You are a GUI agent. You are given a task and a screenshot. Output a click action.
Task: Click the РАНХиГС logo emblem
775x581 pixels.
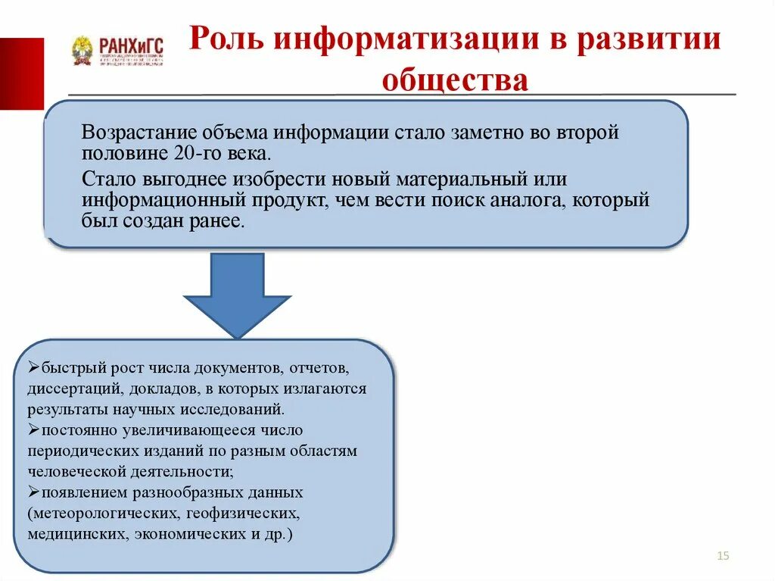pos(82,51)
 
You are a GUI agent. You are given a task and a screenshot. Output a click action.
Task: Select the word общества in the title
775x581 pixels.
pos(455,80)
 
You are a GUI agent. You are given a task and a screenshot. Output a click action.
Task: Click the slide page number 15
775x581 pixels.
pos(722,557)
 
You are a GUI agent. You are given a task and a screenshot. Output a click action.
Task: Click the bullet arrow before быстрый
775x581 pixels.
pos(34,369)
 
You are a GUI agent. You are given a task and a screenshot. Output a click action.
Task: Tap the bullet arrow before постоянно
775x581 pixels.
pos(34,430)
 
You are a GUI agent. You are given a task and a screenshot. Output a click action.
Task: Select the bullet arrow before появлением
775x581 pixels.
pos(34,492)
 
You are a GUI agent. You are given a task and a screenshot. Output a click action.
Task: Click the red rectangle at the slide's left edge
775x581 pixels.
pos(21,73)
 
